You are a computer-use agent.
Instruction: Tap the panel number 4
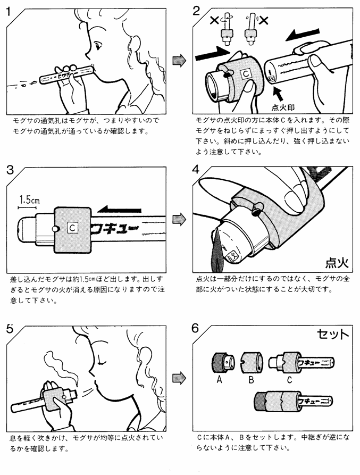(196, 170)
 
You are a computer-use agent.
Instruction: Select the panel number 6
(196, 328)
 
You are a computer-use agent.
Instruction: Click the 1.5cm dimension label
(28, 201)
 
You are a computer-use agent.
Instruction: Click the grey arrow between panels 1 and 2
(180, 60)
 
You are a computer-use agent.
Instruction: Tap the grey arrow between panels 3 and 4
(180, 218)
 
